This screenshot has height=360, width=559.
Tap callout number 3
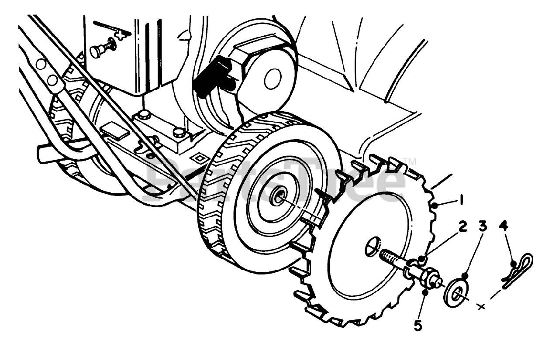(x=483, y=226)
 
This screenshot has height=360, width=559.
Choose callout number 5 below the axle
(x=418, y=326)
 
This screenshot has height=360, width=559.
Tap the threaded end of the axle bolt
(x=391, y=257)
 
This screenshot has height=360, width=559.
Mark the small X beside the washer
(x=482, y=307)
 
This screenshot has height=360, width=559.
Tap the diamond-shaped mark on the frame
(x=200, y=158)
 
